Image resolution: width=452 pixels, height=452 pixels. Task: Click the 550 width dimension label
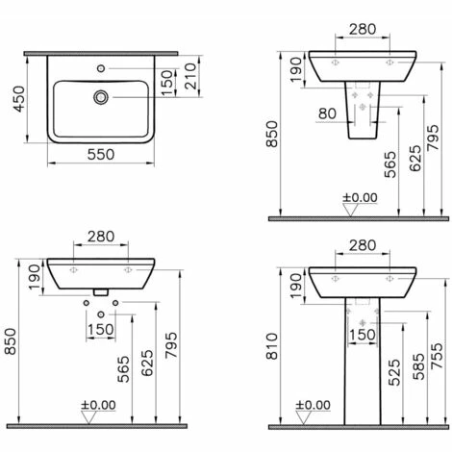pyautogui.click(x=101, y=155)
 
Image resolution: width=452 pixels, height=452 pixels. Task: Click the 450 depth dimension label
pyautogui.click(x=19, y=99)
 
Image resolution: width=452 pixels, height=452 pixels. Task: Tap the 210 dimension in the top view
pyautogui.click(x=190, y=76)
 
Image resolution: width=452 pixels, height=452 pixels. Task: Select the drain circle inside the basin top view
pyautogui.click(x=101, y=97)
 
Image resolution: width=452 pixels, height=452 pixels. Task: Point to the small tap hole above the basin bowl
pyautogui.click(x=101, y=68)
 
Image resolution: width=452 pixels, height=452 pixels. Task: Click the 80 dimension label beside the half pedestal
pyautogui.click(x=327, y=113)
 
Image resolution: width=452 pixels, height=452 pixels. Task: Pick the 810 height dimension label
pyautogui.click(x=272, y=346)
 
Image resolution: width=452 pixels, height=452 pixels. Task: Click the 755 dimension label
pyautogui.click(x=437, y=356)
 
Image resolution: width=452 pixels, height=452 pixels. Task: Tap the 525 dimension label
pyautogui.click(x=394, y=372)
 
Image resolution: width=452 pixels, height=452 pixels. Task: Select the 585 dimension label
pyautogui.click(x=418, y=366)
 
